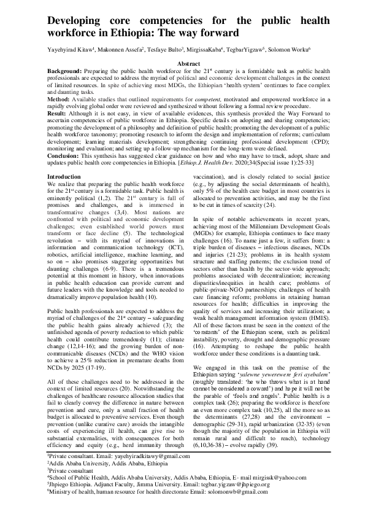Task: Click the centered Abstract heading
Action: tap(188, 64)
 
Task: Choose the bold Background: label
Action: tap(64, 71)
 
